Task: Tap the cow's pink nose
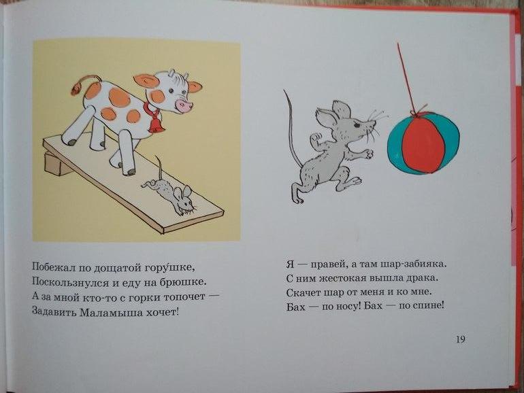(x=184, y=105)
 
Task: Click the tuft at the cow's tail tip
(x=76, y=89)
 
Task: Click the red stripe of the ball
(x=423, y=143)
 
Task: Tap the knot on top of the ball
(x=416, y=112)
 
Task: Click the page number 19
(x=460, y=339)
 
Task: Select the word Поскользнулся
(x=71, y=283)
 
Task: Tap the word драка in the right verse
(x=421, y=278)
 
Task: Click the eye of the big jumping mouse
(x=357, y=126)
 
